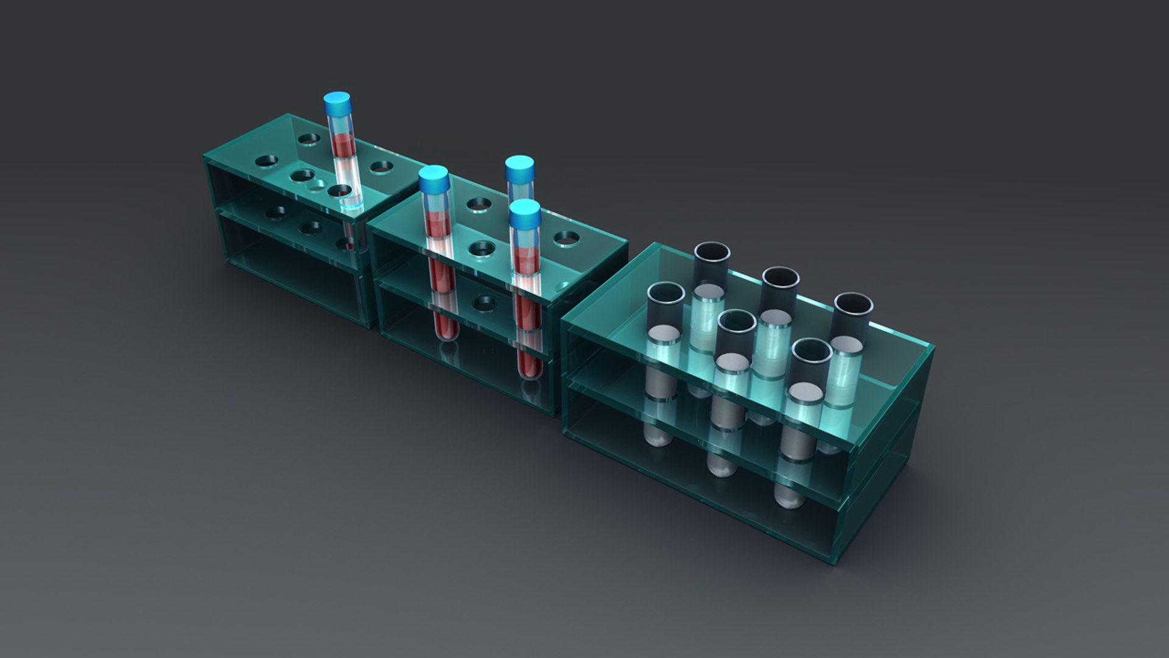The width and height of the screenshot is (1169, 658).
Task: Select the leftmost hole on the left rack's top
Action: [x=266, y=161]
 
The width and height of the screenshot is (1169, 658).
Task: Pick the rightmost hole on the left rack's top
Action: [x=382, y=166]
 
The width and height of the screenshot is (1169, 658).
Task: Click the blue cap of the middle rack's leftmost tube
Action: [x=434, y=177]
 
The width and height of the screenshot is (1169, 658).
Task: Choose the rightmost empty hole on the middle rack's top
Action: [x=566, y=237]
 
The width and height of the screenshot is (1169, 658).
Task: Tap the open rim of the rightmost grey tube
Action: [x=852, y=303]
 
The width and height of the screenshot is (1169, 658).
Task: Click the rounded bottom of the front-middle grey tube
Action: [x=721, y=467]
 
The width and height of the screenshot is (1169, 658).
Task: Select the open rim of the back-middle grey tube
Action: [x=781, y=277]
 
